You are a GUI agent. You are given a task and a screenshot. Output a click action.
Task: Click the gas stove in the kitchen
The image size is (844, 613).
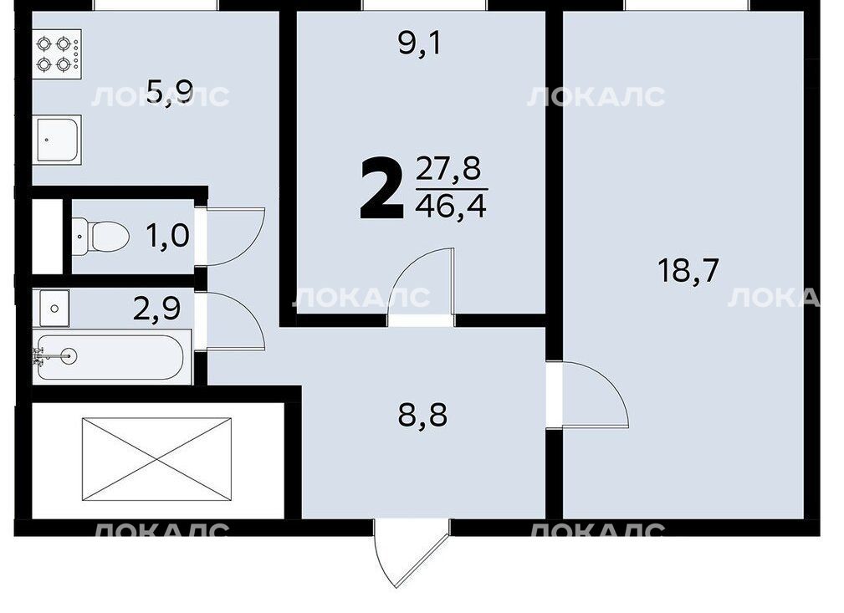tap(57, 54)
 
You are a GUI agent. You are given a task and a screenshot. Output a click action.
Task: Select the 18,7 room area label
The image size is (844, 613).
tap(688, 270)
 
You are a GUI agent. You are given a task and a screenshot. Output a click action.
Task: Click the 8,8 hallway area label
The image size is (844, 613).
tap(422, 416)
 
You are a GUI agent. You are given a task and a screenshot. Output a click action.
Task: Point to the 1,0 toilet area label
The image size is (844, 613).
tap(167, 236)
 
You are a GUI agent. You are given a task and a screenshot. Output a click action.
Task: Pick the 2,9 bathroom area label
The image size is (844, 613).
tap(156, 309)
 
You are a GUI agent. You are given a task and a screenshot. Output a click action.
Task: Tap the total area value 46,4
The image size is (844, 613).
tap(451, 207)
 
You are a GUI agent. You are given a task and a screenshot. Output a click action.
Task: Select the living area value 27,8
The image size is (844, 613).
tap(448, 169)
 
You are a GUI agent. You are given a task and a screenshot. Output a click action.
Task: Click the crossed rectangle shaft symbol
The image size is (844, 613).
tap(156, 459)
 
